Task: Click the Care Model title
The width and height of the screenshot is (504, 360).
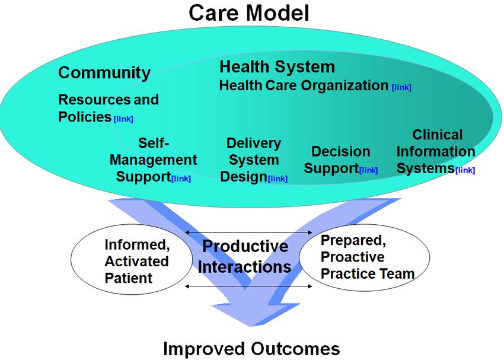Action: point(249,13)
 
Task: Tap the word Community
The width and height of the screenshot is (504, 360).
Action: point(104,73)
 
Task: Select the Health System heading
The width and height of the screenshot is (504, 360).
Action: point(277,67)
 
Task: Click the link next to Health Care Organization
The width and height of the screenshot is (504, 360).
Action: point(401,87)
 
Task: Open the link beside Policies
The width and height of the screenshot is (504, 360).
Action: point(123,119)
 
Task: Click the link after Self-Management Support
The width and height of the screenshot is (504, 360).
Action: point(181,179)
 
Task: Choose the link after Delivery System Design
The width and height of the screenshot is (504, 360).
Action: point(277,179)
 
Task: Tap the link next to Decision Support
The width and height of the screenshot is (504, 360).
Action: point(368,170)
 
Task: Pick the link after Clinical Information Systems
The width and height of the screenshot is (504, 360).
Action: point(465,170)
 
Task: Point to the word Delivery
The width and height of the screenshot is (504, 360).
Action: point(254,143)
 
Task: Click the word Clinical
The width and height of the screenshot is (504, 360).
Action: point(438,135)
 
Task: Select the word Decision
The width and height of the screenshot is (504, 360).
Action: point(341,151)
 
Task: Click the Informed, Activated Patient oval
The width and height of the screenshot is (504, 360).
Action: point(132,259)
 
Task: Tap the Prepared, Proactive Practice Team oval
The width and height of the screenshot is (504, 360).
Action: point(365,257)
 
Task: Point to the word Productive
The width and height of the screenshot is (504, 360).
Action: point(245,247)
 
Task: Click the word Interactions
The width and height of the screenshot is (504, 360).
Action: point(245,267)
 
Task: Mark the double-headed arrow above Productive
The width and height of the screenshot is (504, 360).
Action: point(249,232)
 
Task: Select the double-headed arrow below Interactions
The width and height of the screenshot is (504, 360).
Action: point(249,286)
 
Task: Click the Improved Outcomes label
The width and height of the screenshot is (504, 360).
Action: point(251,348)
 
